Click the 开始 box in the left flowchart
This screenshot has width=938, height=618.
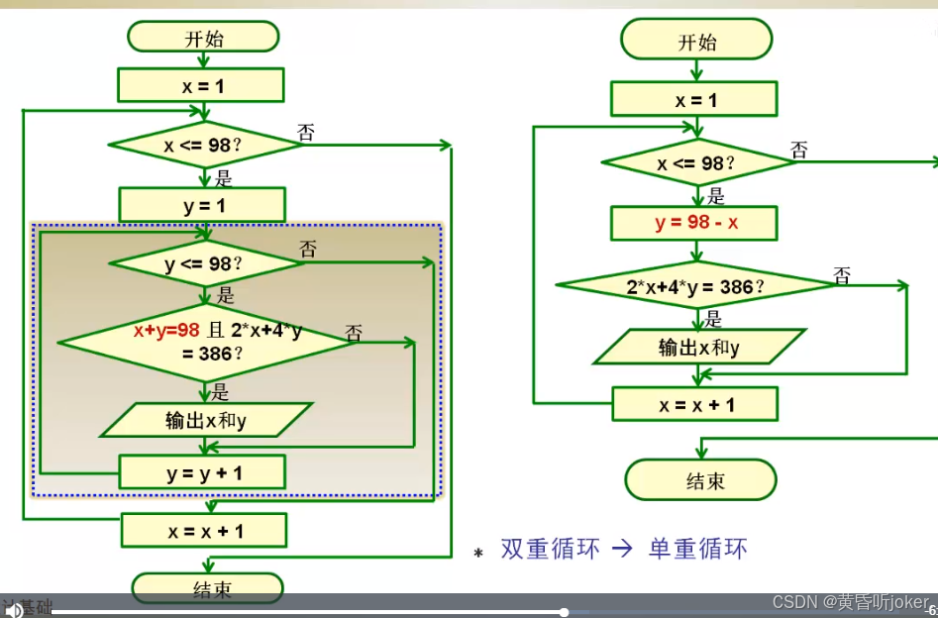point(203,39)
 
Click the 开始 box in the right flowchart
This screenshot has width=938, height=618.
point(696,43)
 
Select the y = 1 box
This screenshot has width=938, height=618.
point(203,205)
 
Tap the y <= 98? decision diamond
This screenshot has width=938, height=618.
point(204,263)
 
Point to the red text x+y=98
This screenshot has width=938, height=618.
point(167,331)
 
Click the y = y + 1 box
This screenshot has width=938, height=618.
point(203,472)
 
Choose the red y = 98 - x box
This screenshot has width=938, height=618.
point(695,223)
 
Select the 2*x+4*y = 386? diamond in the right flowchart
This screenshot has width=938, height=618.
point(695,287)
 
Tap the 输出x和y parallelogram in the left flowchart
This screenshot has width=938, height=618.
point(206,420)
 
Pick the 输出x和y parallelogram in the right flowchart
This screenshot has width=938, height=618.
point(699,347)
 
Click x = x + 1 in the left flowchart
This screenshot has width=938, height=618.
point(204,531)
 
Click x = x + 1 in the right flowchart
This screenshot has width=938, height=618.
point(695,404)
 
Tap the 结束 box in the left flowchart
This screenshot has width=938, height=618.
point(210,589)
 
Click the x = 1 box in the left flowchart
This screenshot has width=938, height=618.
point(201,86)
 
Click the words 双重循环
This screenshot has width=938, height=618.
point(550,549)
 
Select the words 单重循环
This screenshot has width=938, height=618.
point(697,549)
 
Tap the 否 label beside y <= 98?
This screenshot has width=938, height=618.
point(308,250)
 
